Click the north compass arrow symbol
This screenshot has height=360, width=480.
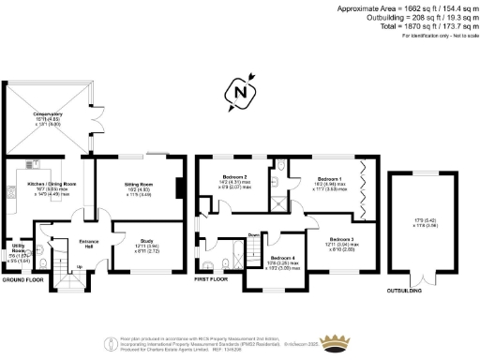[x=242, y=92]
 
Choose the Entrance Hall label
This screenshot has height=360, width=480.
[x=89, y=243]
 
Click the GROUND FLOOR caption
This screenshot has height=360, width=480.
[x=23, y=280]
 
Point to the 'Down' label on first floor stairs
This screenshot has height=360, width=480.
[x=253, y=234]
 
